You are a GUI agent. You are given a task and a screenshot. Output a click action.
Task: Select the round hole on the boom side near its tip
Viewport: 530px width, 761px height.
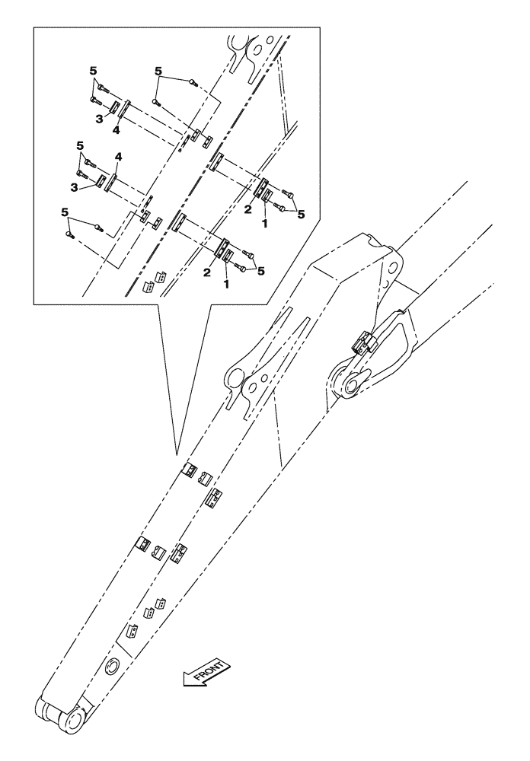click(112, 667)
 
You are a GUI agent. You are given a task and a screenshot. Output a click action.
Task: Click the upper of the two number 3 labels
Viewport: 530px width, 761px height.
click(98, 119)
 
